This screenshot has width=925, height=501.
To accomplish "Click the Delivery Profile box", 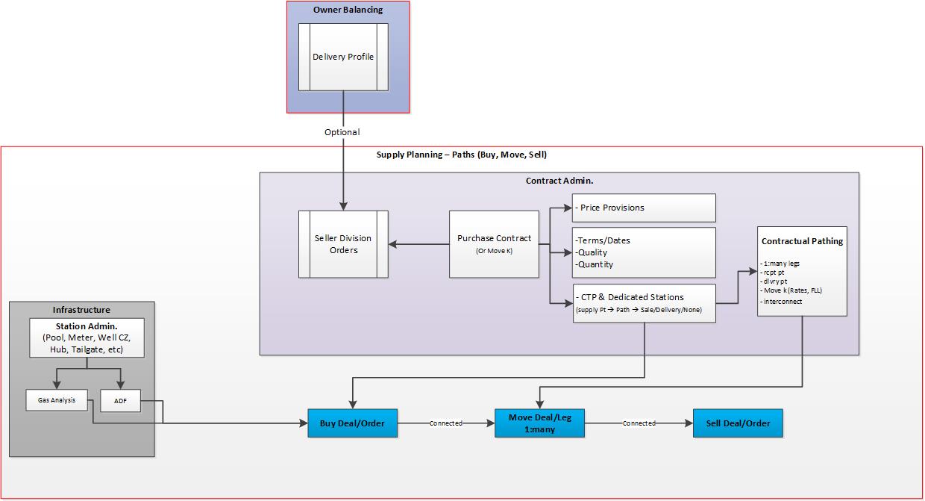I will point(343,57).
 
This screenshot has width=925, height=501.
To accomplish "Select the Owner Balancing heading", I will point(348,10).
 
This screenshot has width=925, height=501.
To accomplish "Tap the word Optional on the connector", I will point(342,132).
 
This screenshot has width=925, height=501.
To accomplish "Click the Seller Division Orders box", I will point(343,244).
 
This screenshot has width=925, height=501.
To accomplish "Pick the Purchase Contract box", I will point(494,244).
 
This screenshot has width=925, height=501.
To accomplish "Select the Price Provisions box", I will point(643,208).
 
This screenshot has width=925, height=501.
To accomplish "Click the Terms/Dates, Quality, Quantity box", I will point(643,252).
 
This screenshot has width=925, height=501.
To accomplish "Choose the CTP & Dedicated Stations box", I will point(643,303).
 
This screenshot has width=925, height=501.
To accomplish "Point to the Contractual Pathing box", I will point(802,271).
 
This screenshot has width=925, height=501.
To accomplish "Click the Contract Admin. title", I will point(559,181).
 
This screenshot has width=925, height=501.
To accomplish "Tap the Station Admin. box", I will point(87,338).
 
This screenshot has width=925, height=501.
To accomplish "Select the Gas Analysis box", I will point(57,400).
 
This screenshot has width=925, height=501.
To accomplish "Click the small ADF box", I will point(119,401).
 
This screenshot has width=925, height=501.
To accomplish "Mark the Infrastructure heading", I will point(81,310).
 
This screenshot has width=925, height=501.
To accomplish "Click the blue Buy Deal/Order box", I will point(352,423).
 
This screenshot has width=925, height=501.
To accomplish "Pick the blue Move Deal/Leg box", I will point(539,423).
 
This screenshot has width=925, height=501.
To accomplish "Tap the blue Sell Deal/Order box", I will point(738,423).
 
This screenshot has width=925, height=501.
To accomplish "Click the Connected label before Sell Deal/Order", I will point(639,423).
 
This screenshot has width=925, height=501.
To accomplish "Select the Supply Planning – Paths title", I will point(462,155).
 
